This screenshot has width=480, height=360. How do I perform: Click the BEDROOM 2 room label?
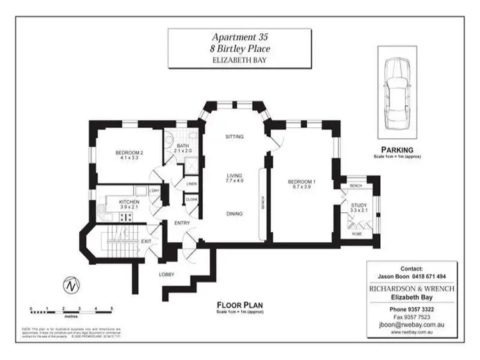[129, 153]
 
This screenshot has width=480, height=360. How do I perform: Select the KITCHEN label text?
[129, 202]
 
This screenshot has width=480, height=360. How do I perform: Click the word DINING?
[234, 214]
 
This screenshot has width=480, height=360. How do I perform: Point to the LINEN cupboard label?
[191, 184]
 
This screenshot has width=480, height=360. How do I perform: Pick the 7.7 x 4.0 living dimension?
[234, 182]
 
